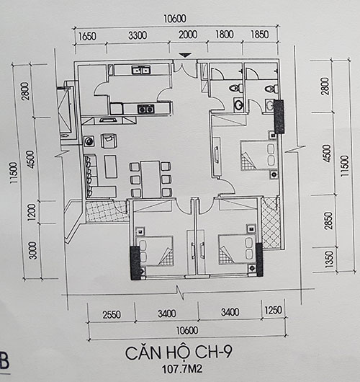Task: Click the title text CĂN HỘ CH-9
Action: point(179,352)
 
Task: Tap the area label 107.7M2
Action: point(182,369)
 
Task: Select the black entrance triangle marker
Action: point(185,55)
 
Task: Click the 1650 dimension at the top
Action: point(87,36)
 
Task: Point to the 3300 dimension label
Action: point(138,35)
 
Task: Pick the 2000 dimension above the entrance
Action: point(188,35)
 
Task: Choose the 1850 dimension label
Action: point(260,35)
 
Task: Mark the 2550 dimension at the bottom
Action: point(112,314)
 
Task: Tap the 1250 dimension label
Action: point(273,311)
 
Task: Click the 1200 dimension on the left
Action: point(32,212)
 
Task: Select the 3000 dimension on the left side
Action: point(32,250)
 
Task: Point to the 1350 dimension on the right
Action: point(329,259)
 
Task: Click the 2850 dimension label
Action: point(328,221)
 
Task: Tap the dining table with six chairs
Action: point(151,179)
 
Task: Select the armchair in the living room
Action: point(109,141)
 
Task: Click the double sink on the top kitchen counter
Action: point(141,70)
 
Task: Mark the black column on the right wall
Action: point(279,117)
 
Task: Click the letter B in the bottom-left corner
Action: point(4,360)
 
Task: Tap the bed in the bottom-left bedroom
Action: point(154,251)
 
